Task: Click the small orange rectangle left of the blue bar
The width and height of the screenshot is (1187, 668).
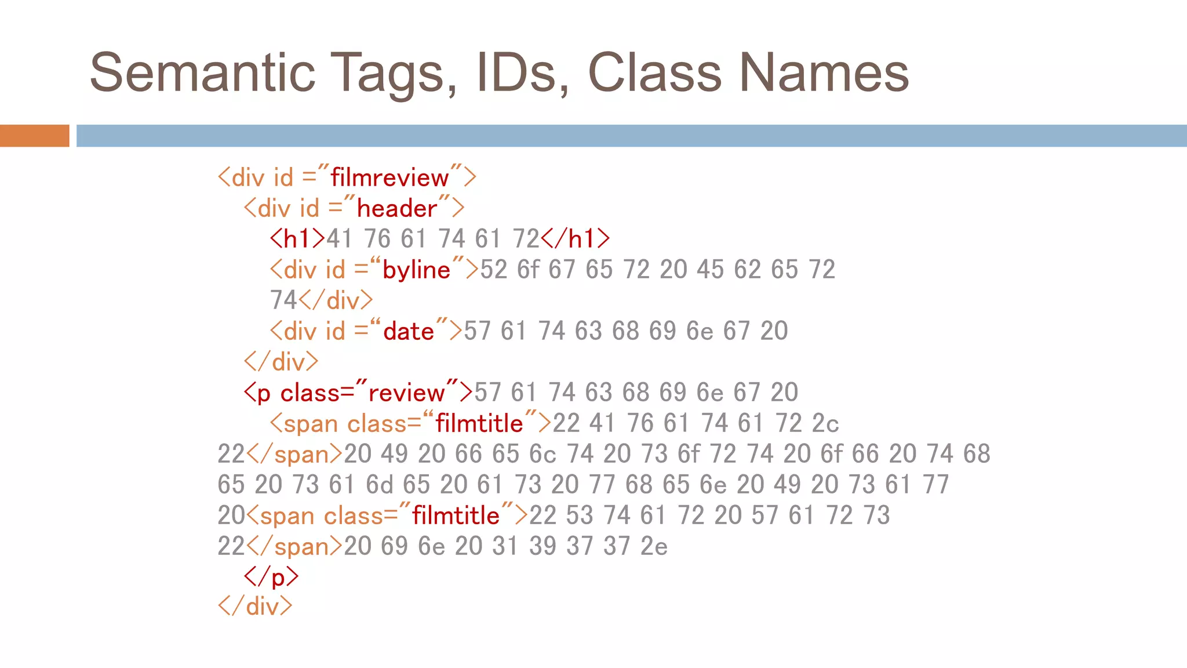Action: (34, 136)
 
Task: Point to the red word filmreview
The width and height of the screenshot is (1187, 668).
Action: (389, 177)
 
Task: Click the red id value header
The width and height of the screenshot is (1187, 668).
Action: (397, 208)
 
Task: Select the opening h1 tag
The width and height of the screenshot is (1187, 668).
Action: (297, 238)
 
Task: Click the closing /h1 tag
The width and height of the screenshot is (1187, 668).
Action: (576, 238)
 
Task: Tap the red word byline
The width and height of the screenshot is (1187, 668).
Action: (416, 270)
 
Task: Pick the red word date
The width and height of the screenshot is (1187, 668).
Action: (409, 331)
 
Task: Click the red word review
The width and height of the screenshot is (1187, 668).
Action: (406, 393)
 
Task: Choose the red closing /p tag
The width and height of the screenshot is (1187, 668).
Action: (271, 576)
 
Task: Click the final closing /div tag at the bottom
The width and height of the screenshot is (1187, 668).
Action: (255, 607)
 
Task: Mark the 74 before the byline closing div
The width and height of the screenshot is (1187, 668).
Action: (283, 300)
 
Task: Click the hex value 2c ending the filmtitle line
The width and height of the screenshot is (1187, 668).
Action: (825, 423)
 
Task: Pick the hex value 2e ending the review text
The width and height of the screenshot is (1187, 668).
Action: (654, 546)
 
